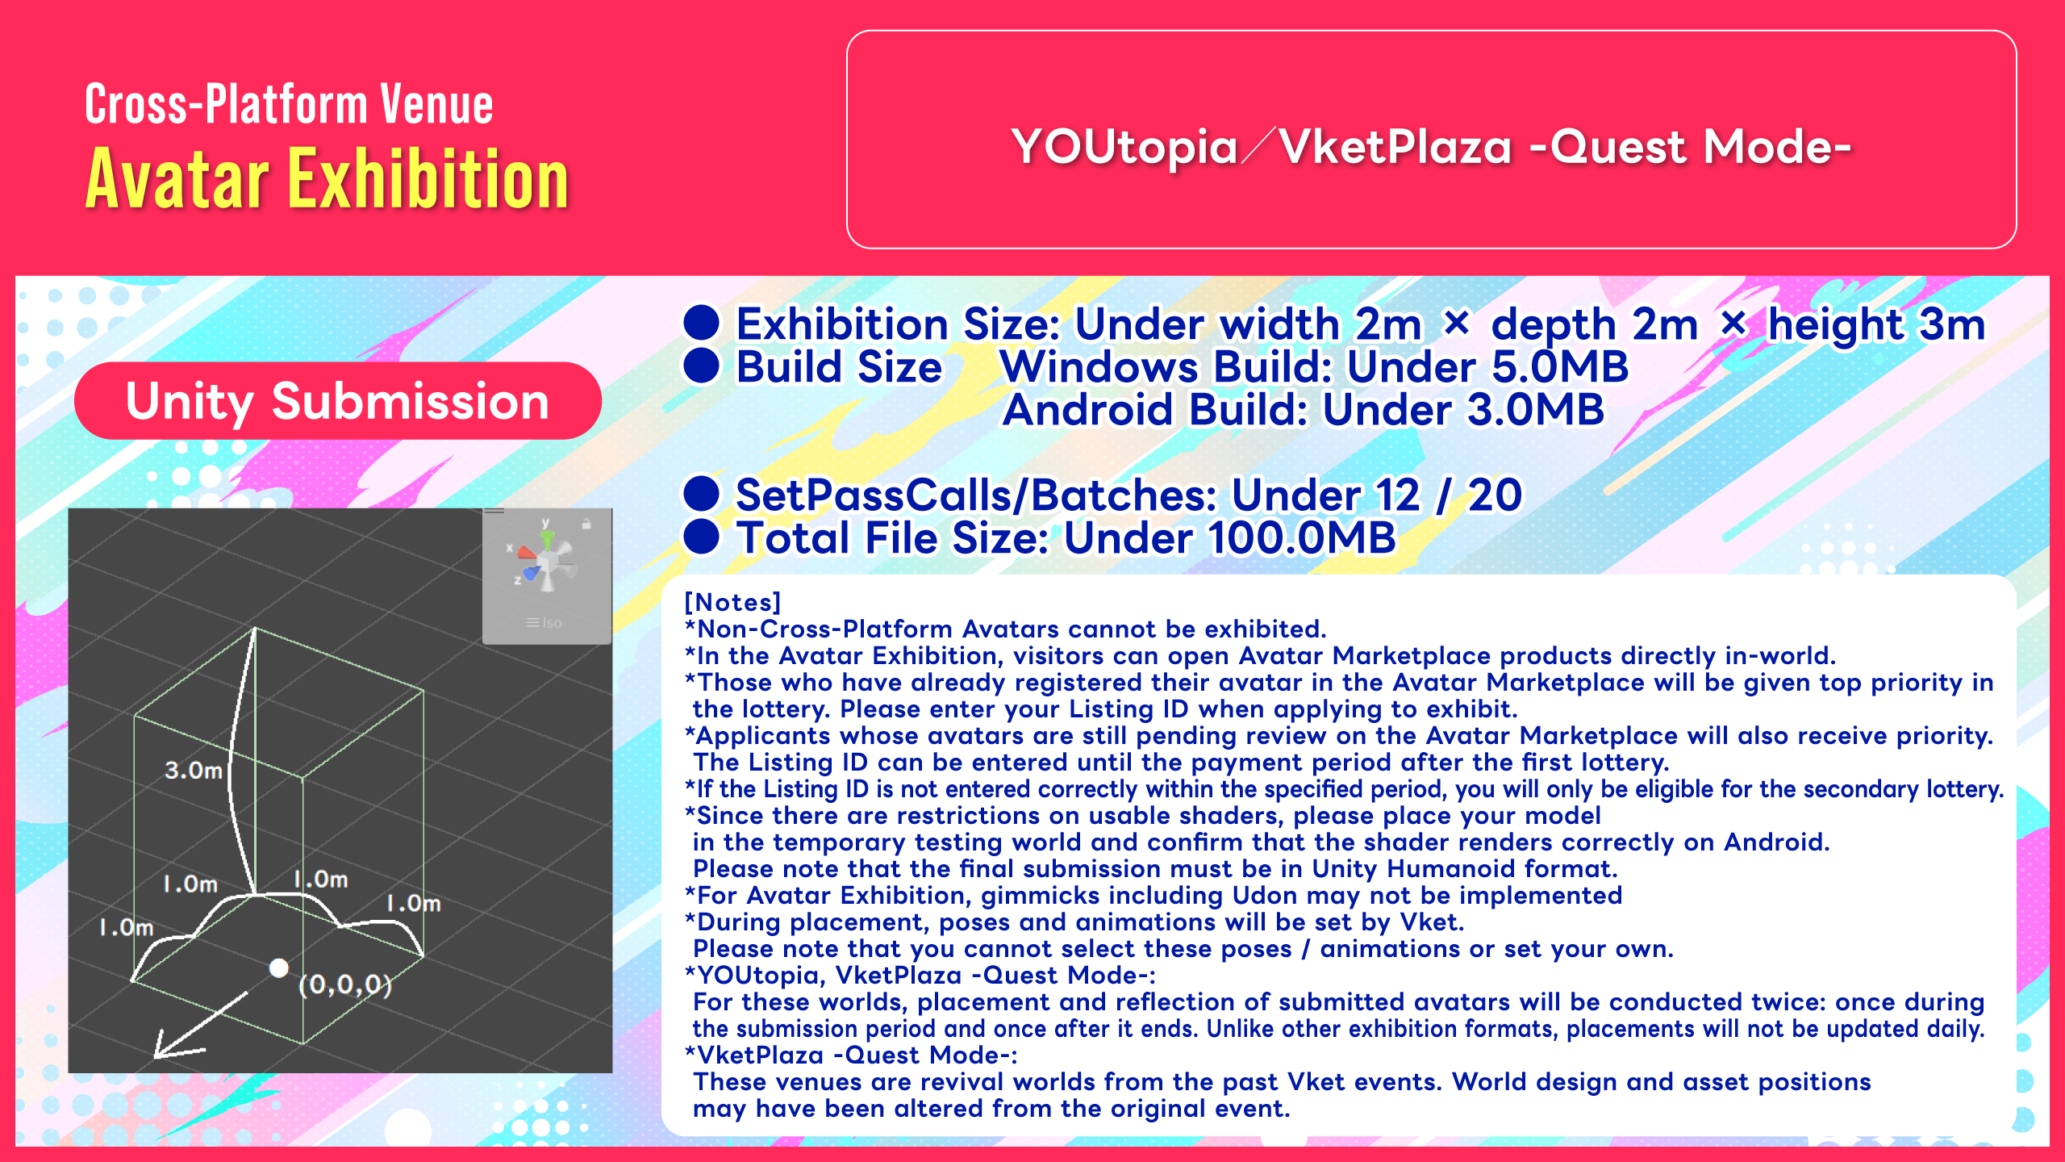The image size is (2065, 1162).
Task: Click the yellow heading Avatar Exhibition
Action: pos(327,179)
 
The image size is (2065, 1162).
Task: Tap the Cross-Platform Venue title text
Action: pos(289,105)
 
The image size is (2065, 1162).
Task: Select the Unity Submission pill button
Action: pos(338,401)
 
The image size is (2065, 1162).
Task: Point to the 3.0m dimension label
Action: pos(194,771)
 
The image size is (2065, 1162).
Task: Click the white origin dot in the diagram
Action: pos(279,968)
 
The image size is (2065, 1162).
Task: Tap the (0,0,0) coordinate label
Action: pos(345,984)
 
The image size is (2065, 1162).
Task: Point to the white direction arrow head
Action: pos(173,1044)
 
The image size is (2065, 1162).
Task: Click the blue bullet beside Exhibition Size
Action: pos(702,323)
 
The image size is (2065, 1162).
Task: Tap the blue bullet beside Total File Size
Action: pos(702,537)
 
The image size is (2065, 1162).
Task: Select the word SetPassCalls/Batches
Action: pos(976,495)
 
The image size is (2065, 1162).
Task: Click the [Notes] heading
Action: pos(732,603)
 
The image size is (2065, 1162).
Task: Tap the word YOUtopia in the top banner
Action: pos(1124,147)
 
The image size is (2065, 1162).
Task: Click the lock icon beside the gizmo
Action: pos(586,524)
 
